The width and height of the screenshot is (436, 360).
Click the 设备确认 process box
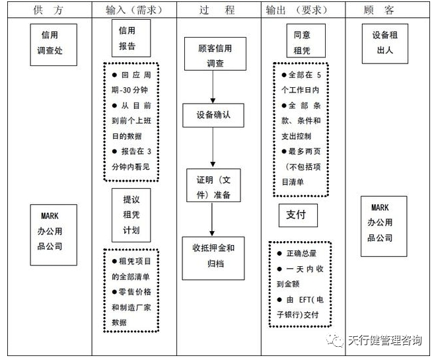click(213, 116)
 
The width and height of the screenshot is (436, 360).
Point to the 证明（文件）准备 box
click(213, 186)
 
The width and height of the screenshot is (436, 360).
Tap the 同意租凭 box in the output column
click(301, 44)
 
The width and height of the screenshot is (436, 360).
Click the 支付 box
click(297, 215)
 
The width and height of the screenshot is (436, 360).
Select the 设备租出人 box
click(384, 43)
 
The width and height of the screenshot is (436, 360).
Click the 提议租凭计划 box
click(131, 215)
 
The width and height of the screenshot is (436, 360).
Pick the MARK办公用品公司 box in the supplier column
click(54, 233)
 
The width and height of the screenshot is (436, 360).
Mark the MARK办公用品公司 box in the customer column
click(384, 226)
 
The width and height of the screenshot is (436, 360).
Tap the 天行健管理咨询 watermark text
click(384, 341)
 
